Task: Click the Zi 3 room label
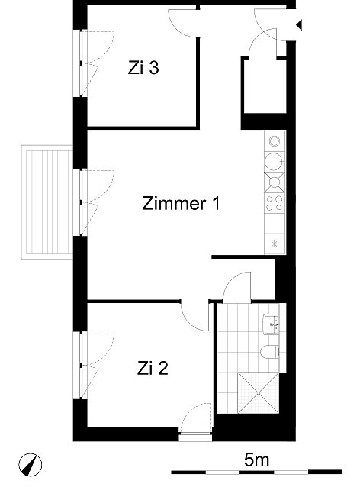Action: tap(143, 68)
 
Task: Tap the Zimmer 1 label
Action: tap(181, 204)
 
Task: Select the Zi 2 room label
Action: tap(153, 369)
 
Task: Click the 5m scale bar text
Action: tap(256, 460)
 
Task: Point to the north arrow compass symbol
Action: tap(30, 465)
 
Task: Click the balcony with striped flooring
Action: tap(47, 202)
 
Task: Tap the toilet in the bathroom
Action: tap(269, 352)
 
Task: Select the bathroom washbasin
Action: tap(271, 324)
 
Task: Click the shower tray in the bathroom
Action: tap(259, 393)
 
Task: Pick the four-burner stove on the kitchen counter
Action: tap(275, 203)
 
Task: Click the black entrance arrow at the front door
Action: tap(299, 24)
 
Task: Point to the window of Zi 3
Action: tap(80, 63)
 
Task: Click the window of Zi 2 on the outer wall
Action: tap(80, 366)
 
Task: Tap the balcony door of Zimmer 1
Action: tap(80, 202)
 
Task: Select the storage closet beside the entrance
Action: tap(265, 86)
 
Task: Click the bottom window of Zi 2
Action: tap(195, 434)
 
